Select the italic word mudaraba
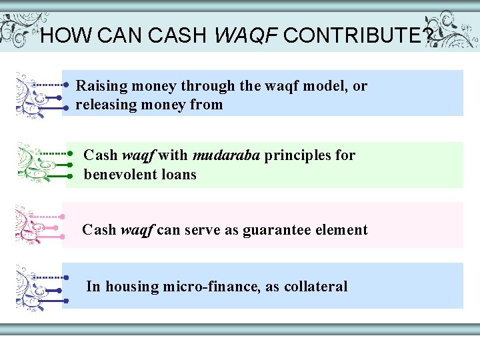(x=227, y=155)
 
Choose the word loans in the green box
(x=178, y=175)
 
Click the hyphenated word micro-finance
(x=211, y=287)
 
